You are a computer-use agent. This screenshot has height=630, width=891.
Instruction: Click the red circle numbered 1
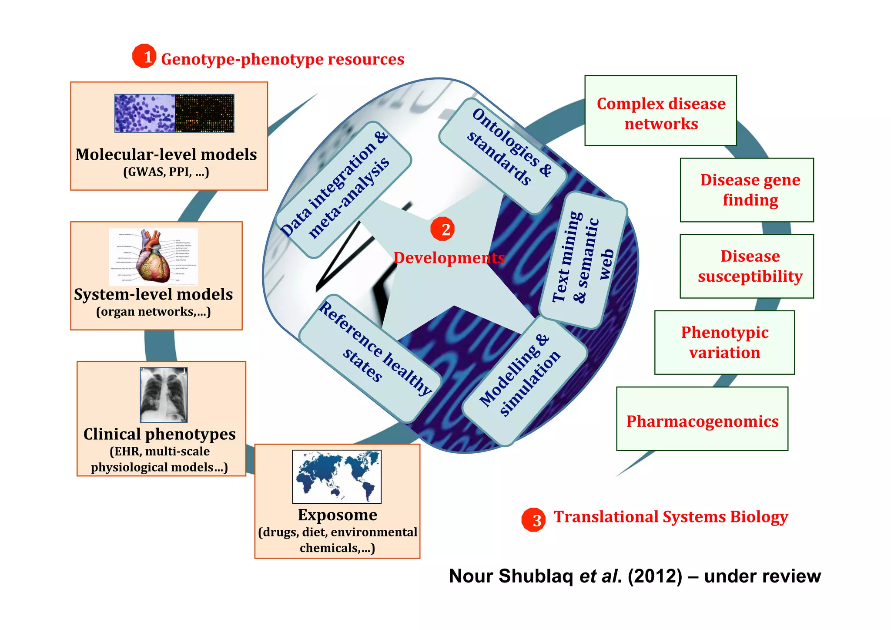point(144,56)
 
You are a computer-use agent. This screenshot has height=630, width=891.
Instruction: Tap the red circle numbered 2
point(442,229)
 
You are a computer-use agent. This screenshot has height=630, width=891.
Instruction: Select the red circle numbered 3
point(533,519)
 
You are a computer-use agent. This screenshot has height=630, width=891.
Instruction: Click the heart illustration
point(154,257)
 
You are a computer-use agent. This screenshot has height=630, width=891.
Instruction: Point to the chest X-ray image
point(164,395)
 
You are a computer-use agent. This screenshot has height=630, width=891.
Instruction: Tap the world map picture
point(337,476)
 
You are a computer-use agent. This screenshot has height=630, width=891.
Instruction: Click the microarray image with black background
point(204,113)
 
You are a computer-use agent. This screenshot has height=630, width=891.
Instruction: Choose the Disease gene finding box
point(747,190)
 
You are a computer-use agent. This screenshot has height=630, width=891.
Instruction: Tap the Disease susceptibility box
point(747,266)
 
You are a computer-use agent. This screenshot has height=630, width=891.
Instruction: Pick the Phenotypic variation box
point(724,342)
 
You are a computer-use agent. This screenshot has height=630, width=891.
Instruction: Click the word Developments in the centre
point(449,258)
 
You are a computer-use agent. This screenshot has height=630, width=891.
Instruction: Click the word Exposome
point(338,515)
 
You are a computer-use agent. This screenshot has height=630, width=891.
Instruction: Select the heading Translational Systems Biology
point(670,517)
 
